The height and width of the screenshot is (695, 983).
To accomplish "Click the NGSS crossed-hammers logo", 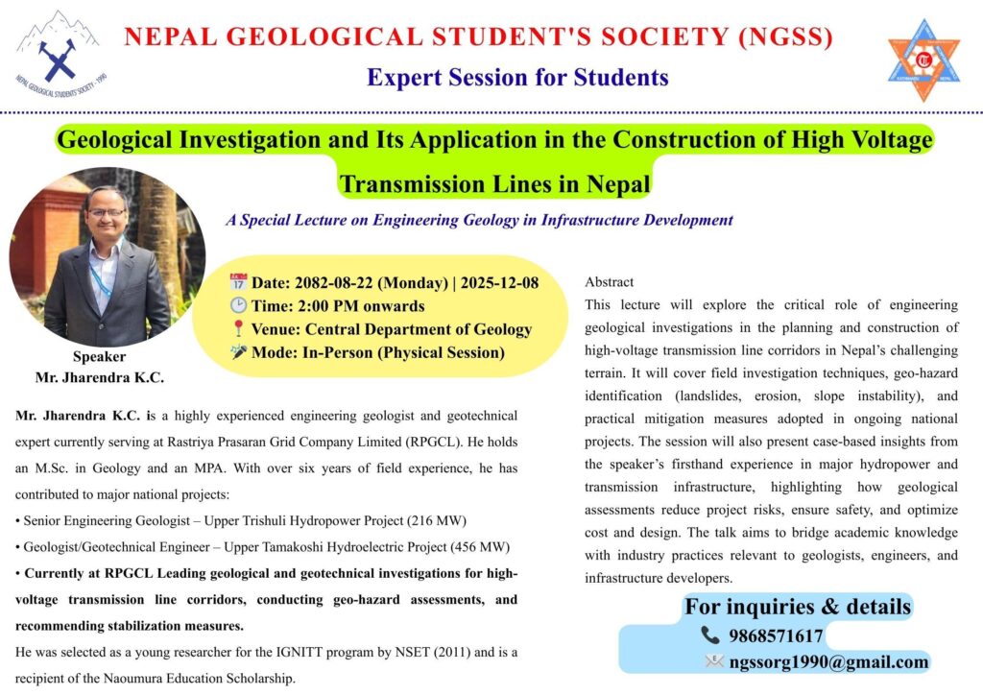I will tap(58, 53).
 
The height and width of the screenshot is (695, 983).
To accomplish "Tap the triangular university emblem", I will tap(923, 59).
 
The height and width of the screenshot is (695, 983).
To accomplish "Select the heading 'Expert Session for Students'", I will tap(517, 77).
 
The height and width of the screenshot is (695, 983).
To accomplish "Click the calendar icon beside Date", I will tap(239, 282).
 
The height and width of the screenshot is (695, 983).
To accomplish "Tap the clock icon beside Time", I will tap(239, 306).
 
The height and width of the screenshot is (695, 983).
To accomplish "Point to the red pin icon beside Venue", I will tap(239, 329).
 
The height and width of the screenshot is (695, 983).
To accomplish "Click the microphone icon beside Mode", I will tap(239, 352).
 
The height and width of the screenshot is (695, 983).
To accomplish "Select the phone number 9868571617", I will tap(776, 635).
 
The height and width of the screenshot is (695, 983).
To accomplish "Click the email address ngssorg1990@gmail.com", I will tap(828, 661).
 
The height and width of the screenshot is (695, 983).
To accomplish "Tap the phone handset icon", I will tap(710, 635).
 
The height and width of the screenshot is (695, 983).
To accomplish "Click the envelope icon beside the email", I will tap(714, 661).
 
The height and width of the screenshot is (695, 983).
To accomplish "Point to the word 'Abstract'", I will tap(610, 282).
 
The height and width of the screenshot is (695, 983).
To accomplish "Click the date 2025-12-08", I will tap(500, 283).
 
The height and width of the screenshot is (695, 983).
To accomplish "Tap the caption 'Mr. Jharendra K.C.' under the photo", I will tap(100, 377).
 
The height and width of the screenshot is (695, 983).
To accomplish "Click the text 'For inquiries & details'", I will tap(797, 607).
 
